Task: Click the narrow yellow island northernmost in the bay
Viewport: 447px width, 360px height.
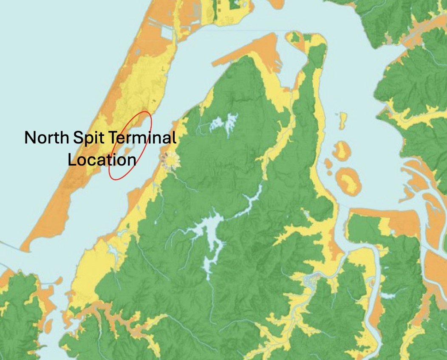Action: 342,121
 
